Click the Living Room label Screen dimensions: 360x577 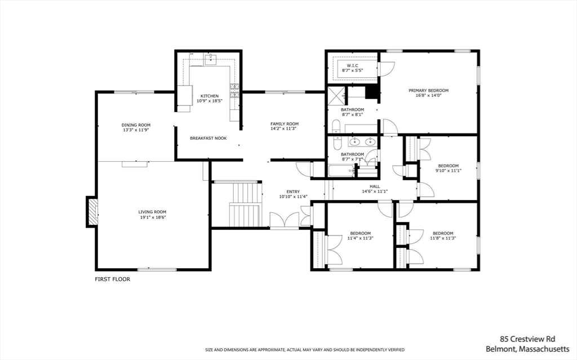(153, 212)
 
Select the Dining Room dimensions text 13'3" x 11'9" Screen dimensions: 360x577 (136, 130)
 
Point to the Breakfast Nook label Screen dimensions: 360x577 (208, 138)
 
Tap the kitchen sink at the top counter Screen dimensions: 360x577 (211, 61)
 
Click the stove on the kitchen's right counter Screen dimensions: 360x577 (234, 90)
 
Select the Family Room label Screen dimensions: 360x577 (284, 124)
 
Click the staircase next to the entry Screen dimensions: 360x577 (245, 213)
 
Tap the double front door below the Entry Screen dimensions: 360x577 (285, 221)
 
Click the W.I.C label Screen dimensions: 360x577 (353, 65)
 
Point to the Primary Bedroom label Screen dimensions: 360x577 (428, 90)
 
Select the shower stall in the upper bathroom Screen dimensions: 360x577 (336, 92)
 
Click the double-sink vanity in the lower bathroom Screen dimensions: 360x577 (363, 141)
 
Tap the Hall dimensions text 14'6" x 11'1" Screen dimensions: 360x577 (375, 192)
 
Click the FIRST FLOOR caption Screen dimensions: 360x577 (112, 279)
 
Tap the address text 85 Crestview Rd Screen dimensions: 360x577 (527, 339)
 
